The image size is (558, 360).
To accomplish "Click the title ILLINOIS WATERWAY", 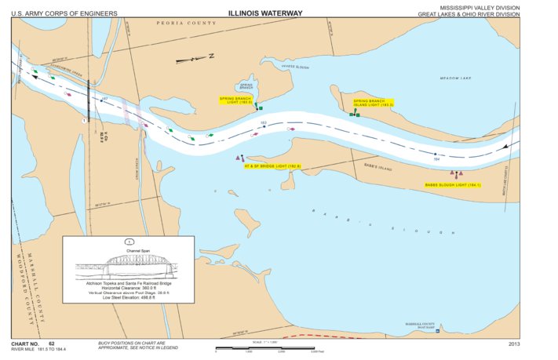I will [x=264, y=13].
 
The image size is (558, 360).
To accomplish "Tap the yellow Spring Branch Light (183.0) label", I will [x=235, y=100].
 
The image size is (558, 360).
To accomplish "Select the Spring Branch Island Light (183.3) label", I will [x=373, y=103].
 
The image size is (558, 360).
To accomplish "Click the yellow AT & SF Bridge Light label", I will [x=272, y=166].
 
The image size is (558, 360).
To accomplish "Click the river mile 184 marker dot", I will [x=434, y=155].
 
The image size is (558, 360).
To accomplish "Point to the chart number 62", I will [x=51, y=344].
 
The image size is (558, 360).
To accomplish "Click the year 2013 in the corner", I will [x=514, y=344].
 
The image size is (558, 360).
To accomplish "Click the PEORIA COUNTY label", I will [x=188, y=24].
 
